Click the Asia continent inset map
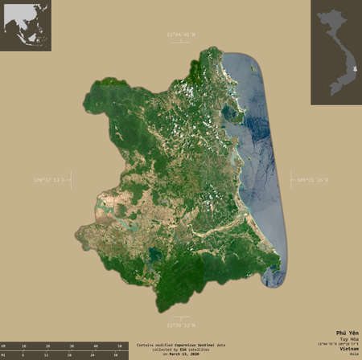(x=26, y=26)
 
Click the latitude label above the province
(x=182, y=35)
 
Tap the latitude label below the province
(x=182, y=325)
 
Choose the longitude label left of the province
(x=50, y=178)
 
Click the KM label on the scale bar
(x=5, y=345)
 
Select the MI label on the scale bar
(x=5, y=354)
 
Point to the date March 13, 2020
(x=190, y=354)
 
